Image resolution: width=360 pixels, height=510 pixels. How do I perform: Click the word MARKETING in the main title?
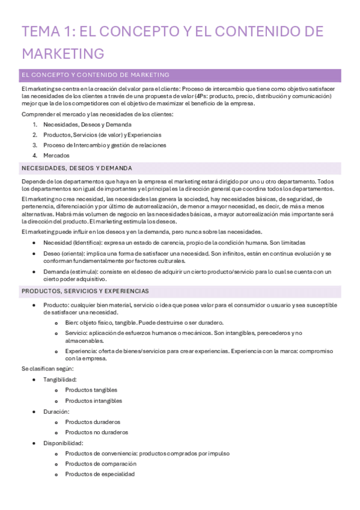[x=63, y=53]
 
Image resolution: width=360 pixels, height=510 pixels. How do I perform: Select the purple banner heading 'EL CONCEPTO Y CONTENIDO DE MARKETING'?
[x=95, y=75]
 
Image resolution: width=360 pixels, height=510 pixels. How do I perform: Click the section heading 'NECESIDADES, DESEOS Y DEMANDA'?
[x=76, y=168]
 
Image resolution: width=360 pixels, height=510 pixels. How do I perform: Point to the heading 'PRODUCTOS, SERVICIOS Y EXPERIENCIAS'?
[x=85, y=291]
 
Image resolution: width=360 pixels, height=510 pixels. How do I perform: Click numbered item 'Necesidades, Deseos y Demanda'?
[x=87, y=124]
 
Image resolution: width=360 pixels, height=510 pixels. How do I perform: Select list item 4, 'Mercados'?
[x=56, y=155]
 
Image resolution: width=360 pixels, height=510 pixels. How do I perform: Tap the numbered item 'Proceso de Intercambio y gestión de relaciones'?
[x=105, y=145]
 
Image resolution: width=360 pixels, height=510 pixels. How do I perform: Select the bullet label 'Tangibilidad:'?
[x=59, y=379]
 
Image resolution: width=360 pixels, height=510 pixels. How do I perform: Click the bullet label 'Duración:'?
[x=56, y=411]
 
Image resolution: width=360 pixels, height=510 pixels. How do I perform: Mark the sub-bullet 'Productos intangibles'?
[x=93, y=401]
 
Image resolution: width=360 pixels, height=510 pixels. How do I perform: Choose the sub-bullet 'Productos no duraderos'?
[x=96, y=432]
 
